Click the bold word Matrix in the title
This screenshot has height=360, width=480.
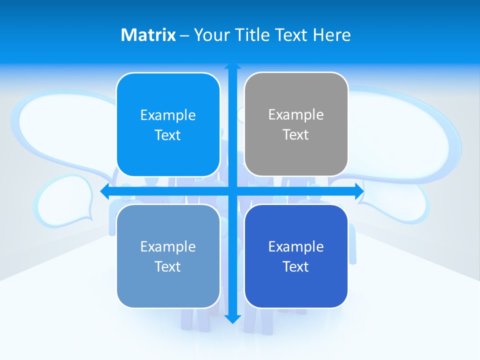coord(148,35)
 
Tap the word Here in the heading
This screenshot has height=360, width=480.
coord(332,35)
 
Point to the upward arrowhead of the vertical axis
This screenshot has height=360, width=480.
coord(232,66)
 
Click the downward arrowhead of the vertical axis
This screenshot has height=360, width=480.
coord(232,318)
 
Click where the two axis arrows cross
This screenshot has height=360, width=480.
coord(232,191)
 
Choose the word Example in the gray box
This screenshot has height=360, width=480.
coord(296,114)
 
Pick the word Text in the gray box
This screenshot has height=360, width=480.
coord(296,134)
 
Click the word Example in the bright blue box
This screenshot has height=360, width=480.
coord(168,115)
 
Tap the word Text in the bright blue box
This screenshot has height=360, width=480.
coord(168,135)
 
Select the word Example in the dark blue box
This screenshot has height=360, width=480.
coord(296,246)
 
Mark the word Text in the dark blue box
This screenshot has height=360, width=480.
coord(296,266)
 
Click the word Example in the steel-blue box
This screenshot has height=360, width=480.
coord(168,246)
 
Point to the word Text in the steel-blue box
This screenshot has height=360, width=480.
coord(168,266)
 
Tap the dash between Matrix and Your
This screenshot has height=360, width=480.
coord(184,35)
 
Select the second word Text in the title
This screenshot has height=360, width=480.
coord(292,35)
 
